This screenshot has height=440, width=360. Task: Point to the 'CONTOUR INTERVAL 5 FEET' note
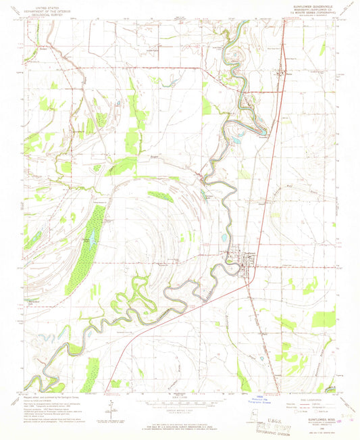point(180,410)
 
